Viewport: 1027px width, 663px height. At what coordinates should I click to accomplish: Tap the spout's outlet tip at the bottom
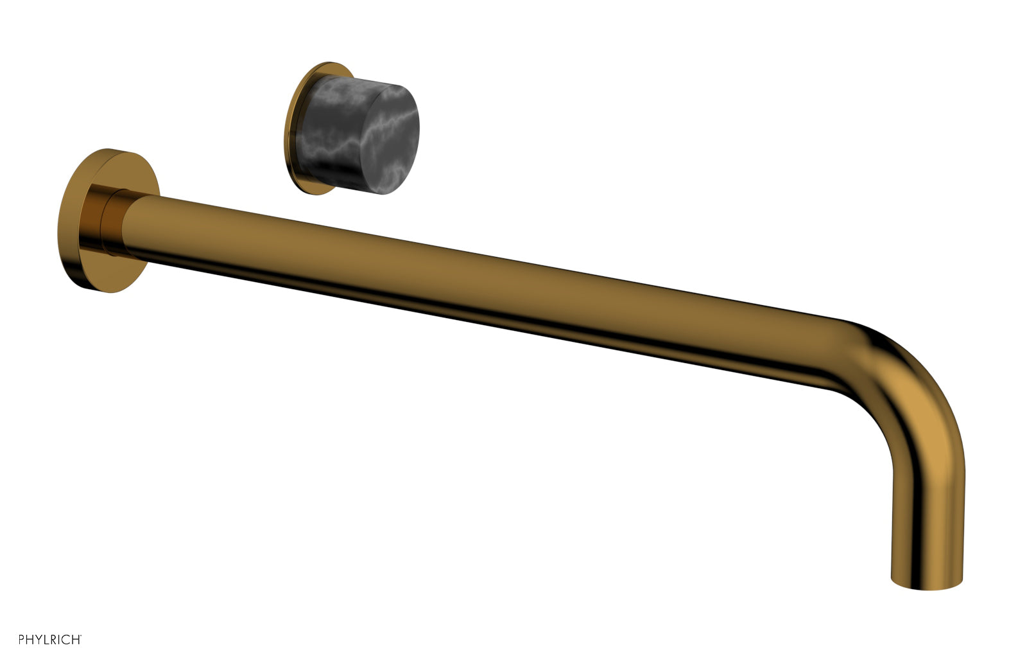[928, 581]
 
